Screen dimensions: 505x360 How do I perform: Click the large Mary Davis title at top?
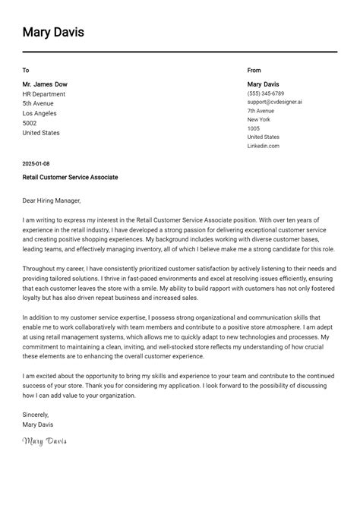click(x=53, y=33)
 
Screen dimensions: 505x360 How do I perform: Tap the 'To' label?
click(x=26, y=70)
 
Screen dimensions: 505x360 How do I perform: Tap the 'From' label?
click(x=254, y=70)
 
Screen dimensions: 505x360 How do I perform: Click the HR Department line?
click(x=44, y=94)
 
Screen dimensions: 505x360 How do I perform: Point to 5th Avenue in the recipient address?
click(x=38, y=103)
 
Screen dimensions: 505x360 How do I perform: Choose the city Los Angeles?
click(x=40, y=113)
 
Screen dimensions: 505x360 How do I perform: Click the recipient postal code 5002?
click(x=30, y=123)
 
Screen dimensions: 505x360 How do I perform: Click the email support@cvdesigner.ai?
click(x=274, y=102)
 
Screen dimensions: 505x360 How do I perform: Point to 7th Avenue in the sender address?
click(x=261, y=111)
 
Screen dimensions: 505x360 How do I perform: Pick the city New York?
click(x=259, y=119)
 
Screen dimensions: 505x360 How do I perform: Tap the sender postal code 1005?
click(x=254, y=128)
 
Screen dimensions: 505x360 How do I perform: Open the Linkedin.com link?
click(x=263, y=146)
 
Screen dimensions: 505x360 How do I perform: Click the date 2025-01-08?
click(x=36, y=164)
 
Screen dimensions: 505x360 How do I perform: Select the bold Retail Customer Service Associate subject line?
click(x=70, y=177)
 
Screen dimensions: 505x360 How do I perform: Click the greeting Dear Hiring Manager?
click(x=52, y=201)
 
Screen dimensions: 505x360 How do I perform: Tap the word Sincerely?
click(x=36, y=415)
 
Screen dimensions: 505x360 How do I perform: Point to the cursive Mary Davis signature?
click(x=45, y=441)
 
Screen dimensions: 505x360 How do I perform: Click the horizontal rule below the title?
click(x=180, y=52)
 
